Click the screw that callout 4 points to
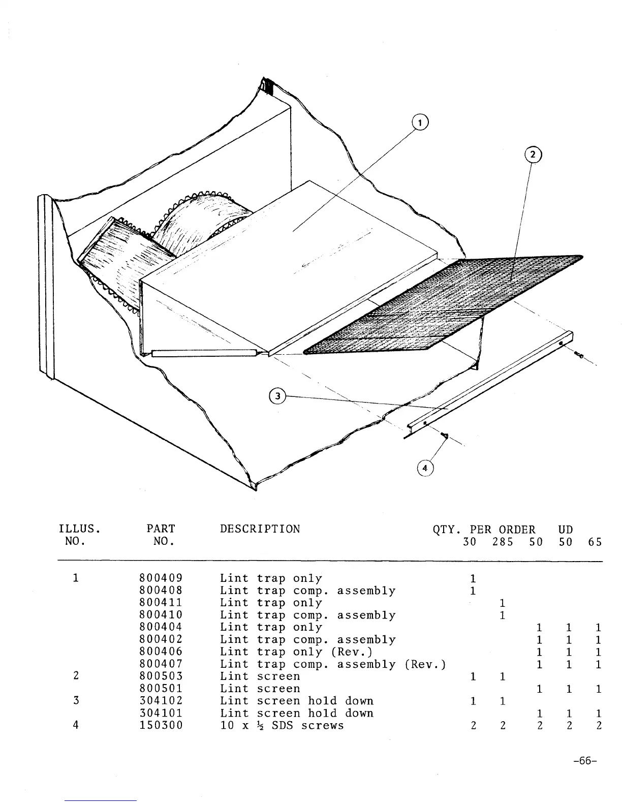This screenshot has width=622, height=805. (x=445, y=435)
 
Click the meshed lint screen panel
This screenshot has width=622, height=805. (x=442, y=305)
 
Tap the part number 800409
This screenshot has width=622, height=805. (x=160, y=578)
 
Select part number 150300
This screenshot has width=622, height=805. (x=160, y=725)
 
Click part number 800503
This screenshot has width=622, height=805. (x=160, y=676)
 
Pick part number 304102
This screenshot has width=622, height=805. (x=160, y=701)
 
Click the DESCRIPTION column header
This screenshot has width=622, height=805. (x=260, y=529)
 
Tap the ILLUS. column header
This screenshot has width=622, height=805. (x=79, y=529)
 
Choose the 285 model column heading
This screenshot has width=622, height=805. (x=503, y=542)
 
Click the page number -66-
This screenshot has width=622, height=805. (x=584, y=761)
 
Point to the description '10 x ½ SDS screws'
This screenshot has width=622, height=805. (x=282, y=725)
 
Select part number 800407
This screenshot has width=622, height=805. (x=160, y=664)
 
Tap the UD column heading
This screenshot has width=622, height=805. (x=565, y=529)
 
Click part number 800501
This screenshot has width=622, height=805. (x=160, y=689)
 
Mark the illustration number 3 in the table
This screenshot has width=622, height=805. (x=76, y=701)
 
